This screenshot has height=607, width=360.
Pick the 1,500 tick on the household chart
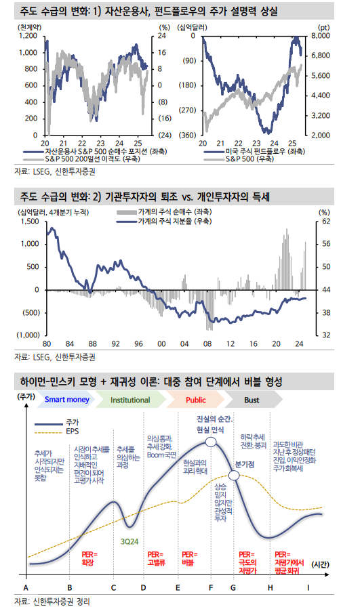coord(30,221)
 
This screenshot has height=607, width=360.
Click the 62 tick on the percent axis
coord(325,221)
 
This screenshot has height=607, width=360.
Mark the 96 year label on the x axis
coord(138,343)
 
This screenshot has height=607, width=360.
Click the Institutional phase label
coord(132,400)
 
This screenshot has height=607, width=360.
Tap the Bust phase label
coord(251,400)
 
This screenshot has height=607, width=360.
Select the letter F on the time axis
coord(211,587)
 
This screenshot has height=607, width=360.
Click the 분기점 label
coord(244,465)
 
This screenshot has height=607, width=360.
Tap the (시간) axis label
coord(321,564)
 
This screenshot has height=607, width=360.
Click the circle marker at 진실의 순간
coord(211,442)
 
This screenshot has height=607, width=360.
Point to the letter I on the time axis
coord(308,587)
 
